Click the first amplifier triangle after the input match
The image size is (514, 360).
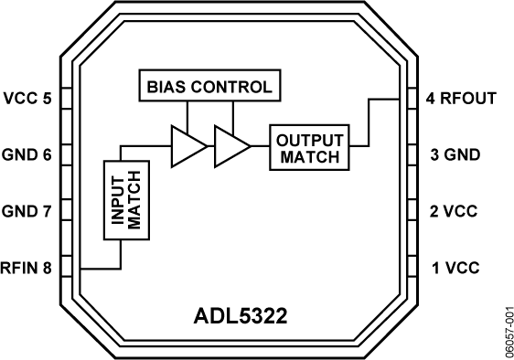point(189,146)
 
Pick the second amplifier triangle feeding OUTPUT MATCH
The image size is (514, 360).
point(232,146)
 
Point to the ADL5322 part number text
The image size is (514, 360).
point(241,316)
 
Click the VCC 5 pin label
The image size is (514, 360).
point(27,99)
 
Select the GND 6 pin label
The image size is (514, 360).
point(27,154)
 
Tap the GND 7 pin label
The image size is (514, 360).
point(27,211)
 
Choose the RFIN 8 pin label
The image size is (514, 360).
point(26,268)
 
